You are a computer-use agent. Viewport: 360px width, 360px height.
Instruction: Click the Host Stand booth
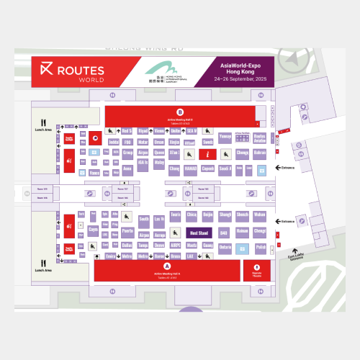click(199, 233)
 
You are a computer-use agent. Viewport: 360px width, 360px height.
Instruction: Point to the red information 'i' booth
click(207, 153)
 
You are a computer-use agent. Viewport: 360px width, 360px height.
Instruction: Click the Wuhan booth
click(260, 215)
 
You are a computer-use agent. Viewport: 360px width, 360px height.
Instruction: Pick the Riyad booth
click(143, 131)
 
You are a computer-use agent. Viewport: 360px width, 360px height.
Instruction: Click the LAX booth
click(191, 256)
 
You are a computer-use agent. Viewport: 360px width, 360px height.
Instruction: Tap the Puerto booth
click(127, 231)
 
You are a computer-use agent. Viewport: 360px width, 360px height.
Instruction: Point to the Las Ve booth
click(160, 218)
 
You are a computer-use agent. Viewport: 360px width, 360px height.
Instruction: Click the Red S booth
click(127, 131)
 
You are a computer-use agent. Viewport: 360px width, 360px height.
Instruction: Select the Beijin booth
click(207, 215)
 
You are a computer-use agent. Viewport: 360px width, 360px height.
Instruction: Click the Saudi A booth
click(225, 169)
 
